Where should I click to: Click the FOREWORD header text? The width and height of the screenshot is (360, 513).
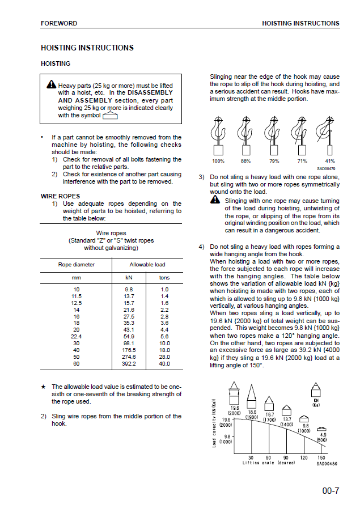click(59, 23)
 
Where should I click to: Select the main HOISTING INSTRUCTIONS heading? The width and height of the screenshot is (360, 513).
click(87, 48)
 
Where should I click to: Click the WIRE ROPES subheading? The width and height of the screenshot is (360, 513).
click(56, 196)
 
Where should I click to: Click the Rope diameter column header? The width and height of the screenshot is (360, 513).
click(77, 265)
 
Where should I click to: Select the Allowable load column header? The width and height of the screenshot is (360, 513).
click(147, 265)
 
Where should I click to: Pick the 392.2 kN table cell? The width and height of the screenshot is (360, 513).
click(129, 364)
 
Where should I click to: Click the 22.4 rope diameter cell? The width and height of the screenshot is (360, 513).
click(77, 336)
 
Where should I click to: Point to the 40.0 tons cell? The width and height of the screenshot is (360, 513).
click(164, 364)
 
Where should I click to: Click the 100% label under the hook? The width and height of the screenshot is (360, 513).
click(218, 161)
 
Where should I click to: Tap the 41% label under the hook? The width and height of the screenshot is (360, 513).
click(330, 161)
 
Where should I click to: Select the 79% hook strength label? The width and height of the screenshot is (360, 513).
click(274, 161)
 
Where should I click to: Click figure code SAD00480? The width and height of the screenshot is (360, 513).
click(327, 463)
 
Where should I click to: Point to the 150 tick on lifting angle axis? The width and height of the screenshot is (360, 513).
click(321, 457)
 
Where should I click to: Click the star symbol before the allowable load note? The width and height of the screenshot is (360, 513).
click(43, 387)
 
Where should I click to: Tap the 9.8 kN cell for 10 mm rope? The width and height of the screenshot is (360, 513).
click(129, 289)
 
